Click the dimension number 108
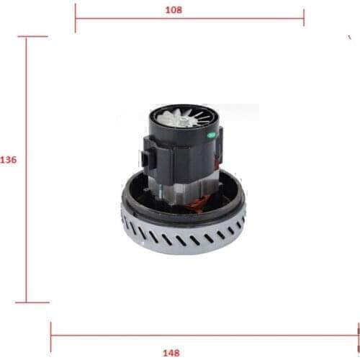point(173,10)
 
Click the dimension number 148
point(171,352)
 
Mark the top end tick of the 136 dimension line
point(27,37)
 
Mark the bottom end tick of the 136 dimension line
point(27,302)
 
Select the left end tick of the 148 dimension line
point(50,333)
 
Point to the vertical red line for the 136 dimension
point(27,216)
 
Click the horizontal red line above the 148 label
point(216,333)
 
